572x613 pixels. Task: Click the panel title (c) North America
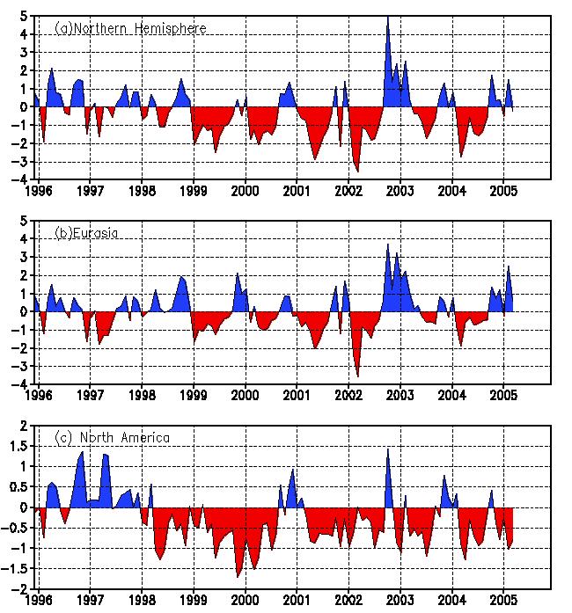pyautogui.click(x=112, y=437)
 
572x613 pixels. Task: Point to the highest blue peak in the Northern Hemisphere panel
pyautogui.click(x=388, y=18)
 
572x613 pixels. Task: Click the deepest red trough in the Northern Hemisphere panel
pyautogui.click(x=357, y=171)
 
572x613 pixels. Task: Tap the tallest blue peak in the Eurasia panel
pyautogui.click(x=388, y=244)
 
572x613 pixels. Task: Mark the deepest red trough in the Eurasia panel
pyautogui.click(x=357, y=376)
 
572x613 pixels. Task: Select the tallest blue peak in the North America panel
pyautogui.click(x=388, y=449)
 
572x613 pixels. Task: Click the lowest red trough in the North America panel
pyautogui.click(x=238, y=576)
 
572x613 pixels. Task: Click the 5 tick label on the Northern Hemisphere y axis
pyautogui.click(x=25, y=16)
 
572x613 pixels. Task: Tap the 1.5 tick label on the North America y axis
pyautogui.click(x=19, y=446)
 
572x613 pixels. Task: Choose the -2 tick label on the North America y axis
pyautogui.click(x=21, y=589)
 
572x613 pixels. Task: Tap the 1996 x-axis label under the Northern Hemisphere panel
pyautogui.click(x=39, y=189)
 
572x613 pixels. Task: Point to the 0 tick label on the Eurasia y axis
pyautogui.click(x=25, y=311)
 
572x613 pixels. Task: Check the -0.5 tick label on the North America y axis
pyautogui.click(x=17, y=528)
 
